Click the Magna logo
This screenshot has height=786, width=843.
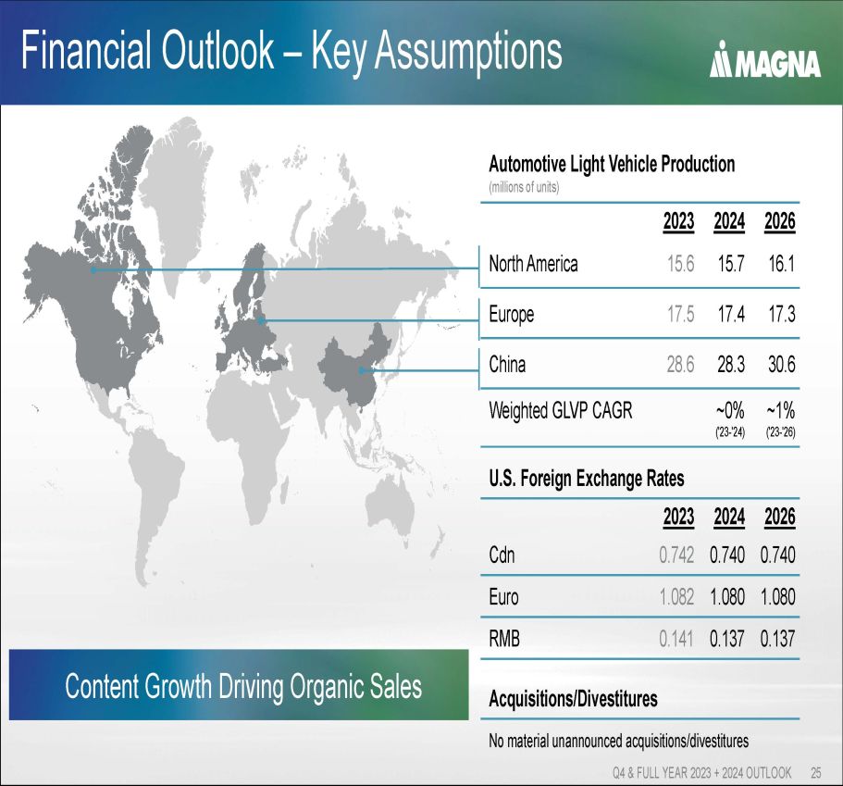765,60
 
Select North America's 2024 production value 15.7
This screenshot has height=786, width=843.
731,264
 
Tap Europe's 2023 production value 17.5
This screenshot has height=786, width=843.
681,314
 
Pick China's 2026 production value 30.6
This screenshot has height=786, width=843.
781,364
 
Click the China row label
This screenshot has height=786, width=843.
507,364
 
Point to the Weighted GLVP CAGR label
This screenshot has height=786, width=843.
561,410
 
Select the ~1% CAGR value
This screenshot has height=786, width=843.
781,411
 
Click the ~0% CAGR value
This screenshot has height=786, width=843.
730,411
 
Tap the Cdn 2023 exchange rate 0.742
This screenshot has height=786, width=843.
676,555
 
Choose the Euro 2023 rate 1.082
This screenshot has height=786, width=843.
676,596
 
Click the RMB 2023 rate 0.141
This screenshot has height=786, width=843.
676,639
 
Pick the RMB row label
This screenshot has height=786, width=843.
504,639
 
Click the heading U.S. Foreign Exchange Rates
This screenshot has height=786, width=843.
587,479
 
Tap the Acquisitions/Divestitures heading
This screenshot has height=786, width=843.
573,699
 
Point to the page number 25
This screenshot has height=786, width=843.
815,772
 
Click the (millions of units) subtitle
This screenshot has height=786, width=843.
524,187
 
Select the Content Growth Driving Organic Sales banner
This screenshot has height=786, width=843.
239,685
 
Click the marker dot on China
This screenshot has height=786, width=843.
362,370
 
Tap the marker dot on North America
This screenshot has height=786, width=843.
93,269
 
